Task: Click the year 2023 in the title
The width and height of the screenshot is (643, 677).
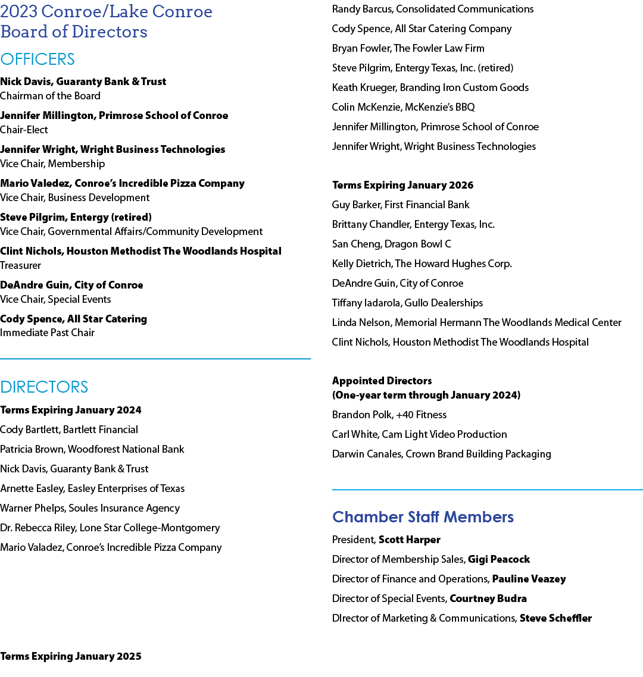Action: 19,12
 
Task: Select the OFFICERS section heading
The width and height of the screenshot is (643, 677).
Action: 38,59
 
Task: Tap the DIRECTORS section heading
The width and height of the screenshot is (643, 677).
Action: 44,387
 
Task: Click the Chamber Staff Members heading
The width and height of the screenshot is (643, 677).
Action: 423,517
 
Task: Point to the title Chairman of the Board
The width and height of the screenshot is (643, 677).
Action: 50,96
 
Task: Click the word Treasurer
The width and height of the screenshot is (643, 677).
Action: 21,265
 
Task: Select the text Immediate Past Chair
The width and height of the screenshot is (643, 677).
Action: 47,333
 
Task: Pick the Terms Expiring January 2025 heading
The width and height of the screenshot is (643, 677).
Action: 71,656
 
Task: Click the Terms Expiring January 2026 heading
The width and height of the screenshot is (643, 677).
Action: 402,185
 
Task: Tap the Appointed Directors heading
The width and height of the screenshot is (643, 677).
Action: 382,381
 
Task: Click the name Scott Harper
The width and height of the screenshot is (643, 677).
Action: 409,540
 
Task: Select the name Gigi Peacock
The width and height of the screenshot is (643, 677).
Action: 499,559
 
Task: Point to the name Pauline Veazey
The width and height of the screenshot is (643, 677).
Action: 529,579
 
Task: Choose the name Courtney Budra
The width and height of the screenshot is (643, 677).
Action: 488,598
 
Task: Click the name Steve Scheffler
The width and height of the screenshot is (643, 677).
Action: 555,618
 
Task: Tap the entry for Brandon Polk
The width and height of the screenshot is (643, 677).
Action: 389,415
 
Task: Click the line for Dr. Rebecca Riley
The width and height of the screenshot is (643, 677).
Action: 110,528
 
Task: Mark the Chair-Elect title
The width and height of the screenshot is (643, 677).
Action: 24,130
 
